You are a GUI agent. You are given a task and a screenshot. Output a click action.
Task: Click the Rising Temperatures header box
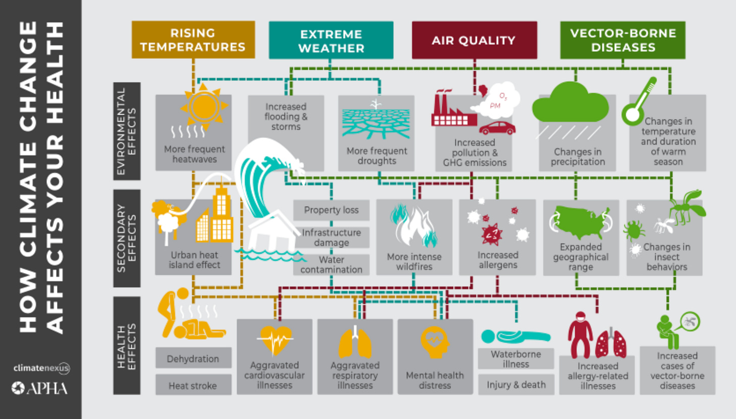point(193,40)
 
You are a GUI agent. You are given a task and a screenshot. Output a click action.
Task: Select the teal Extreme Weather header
point(331,40)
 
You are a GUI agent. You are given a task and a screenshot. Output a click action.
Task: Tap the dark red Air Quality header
point(474,40)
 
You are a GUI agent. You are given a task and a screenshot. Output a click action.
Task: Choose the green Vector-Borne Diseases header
point(622,40)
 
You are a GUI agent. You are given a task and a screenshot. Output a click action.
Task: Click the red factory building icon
point(453,111)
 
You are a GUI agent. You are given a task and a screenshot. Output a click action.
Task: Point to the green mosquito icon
point(686,206)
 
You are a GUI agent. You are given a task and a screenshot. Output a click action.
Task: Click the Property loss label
point(331,210)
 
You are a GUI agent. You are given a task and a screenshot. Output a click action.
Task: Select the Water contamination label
point(331,265)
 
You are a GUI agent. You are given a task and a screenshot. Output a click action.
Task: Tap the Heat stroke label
point(193,386)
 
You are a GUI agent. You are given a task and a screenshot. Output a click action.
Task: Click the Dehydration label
point(193,359)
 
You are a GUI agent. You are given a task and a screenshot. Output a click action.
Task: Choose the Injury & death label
point(516,385)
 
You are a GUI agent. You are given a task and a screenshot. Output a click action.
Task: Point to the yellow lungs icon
point(355,342)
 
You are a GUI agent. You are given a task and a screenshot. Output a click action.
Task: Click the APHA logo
point(40,388)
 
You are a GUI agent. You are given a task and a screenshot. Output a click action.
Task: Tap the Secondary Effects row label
point(127,238)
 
